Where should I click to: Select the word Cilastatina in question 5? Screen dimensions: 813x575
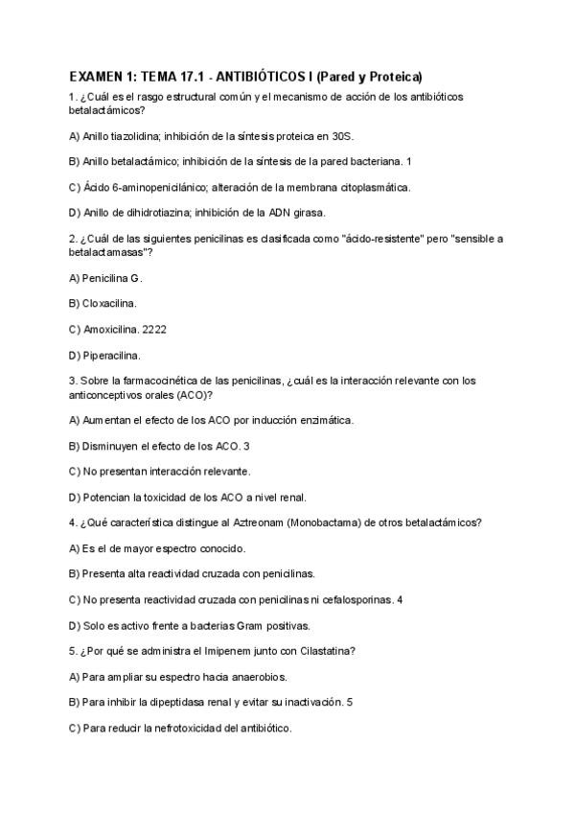[326, 652]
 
